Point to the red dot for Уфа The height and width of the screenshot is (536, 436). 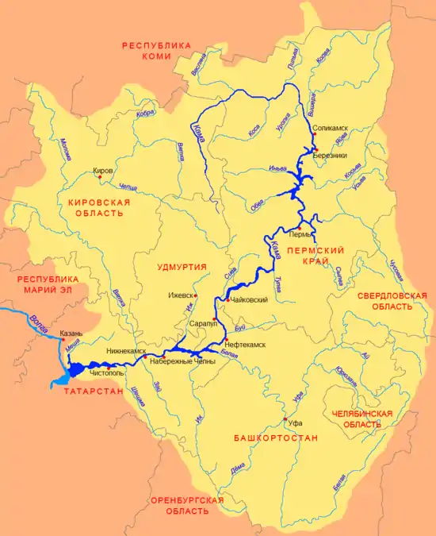coord(285,418)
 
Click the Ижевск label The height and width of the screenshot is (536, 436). coord(181,295)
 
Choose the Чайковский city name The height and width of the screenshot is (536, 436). coord(248,300)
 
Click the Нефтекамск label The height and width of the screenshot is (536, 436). coord(245,345)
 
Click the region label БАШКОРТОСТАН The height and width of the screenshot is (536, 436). coord(277,438)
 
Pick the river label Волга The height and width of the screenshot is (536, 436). coord(36,321)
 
